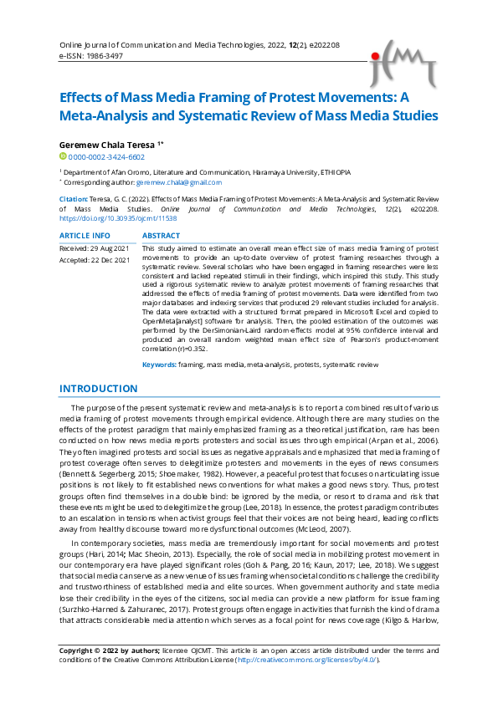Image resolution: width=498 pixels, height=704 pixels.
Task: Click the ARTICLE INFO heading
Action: coord(85,236)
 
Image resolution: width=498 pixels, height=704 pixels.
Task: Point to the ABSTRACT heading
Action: coord(162,236)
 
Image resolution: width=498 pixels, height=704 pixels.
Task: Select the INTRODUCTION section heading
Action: coord(99,388)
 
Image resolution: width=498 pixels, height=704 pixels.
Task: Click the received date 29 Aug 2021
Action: coord(110,249)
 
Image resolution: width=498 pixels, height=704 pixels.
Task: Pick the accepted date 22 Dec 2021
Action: coord(110,260)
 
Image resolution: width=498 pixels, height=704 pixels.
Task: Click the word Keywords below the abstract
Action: coord(158,365)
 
